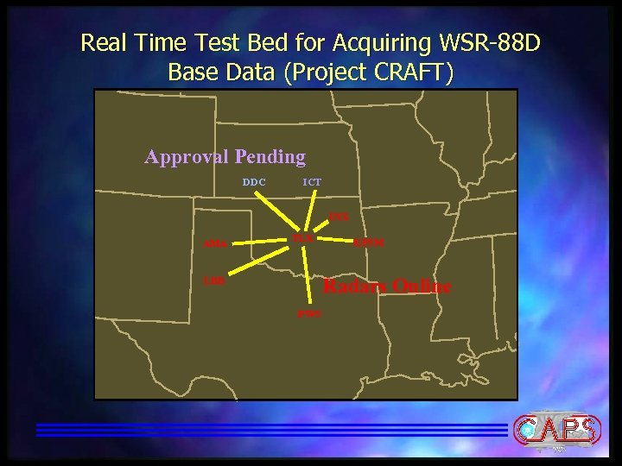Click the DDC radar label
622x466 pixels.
pyautogui.click(x=254, y=183)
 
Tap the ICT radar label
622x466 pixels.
pyautogui.click(x=312, y=183)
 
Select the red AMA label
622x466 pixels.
pyautogui.click(x=213, y=244)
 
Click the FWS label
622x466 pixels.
pyautogui.click(x=308, y=313)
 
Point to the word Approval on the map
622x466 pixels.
pyautogui.click(x=182, y=157)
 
